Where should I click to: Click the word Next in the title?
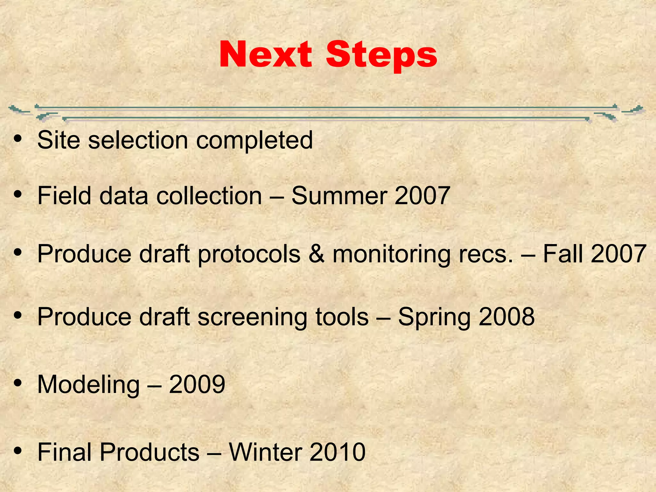[266, 54]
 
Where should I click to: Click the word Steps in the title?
[381, 55]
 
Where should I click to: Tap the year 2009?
[197, 384]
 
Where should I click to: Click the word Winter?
[265, 452]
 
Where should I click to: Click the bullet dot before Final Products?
[18, 451]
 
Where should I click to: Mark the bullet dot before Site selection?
[18, 139]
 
